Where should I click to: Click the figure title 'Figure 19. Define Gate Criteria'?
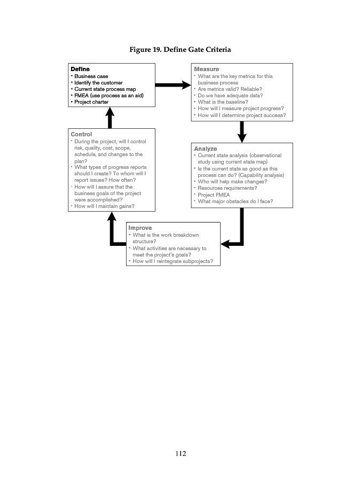pyautogui.click(x=180, y=50)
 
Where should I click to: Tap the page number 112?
pyautogui.click(x=180, y=454)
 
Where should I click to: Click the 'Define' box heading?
pyautogui.click(x=80, y=69)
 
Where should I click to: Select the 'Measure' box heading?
pyautogui.click(x=207, y=69)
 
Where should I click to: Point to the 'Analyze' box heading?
pyautogui.click(x=206, y=149)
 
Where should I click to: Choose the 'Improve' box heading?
pyautogui.click(x=140, y=228)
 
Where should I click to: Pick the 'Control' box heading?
pyautogui.click(x=81, y=134)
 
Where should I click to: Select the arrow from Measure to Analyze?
pyautogui.click(x=242, y=131)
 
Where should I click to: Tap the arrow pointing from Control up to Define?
pyautogui.click(x=110, y=117)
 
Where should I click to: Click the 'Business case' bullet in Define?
pyautogui.click(x=91, y=76)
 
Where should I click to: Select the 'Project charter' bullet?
pyautogui.click(x=91, y=102)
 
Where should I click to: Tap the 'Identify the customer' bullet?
pyautogui.click(x=98, y=83)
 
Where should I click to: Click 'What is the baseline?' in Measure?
pyautogui.click(x=223, y=102)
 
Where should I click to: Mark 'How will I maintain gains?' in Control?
pyautogui.click(x=104, y=206)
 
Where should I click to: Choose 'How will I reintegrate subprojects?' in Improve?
pyautogui.click(x=173, y=261)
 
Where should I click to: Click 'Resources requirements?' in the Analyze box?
pyautogui.click(x=227, y=188)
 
